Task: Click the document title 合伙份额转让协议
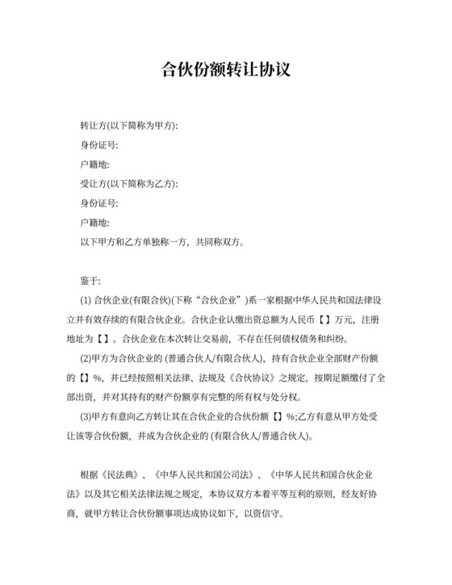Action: coord(226,69)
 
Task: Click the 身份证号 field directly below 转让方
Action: coord(99,146)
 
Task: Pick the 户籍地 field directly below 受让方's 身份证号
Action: coord(94,222)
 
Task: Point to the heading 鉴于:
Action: coord(90,280)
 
